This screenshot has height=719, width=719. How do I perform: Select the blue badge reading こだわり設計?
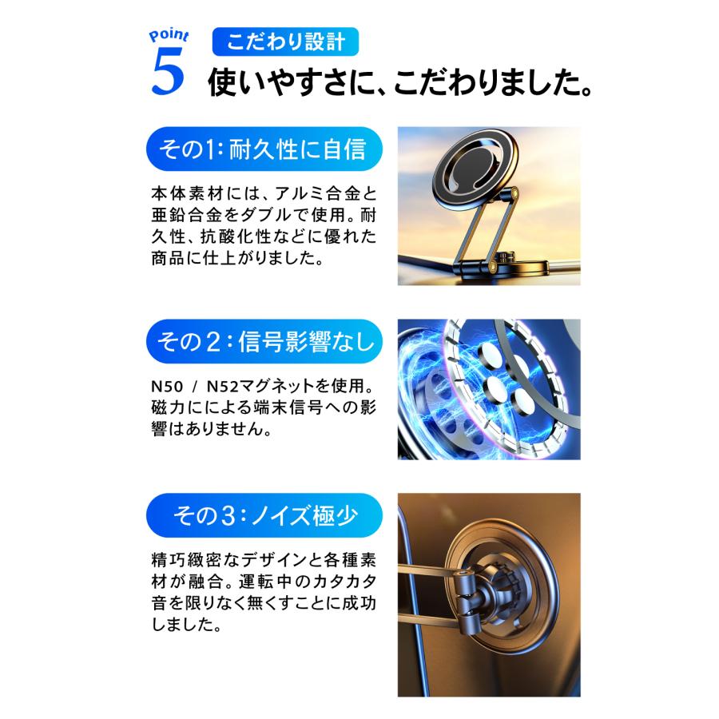(x=284, y=42)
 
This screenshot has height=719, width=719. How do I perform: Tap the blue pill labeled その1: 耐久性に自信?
(x=263, y=149)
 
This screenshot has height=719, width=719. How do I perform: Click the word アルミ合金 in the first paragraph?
(x=315, y=194)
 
